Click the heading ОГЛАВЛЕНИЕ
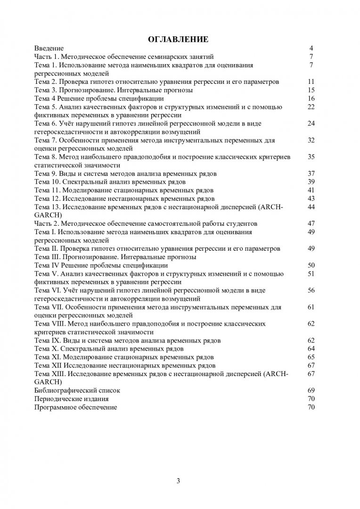pyautogui.click(x=180, y=39)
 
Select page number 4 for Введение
pyautogui.click(x=311, y=49)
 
